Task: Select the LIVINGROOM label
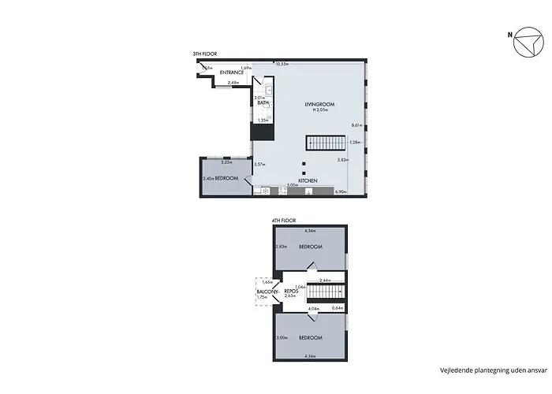pyautogui.click(x=321, y=103)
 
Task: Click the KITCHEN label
pyautogui.click(x=308, y=181)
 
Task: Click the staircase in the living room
pyautogui.click(x=326, y=143)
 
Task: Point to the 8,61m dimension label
pyautogui.click(x=356, y=125)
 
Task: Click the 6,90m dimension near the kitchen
pyautogui.click(x=341, y=191)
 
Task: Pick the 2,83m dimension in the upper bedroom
pyautogui.click(x=281, y=247)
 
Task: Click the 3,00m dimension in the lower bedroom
pyautogui.click(x=281, y=338)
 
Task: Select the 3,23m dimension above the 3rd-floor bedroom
pyautogui.click(x=226, y=162)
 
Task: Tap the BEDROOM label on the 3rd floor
pyautogui.click(x=227, y=179)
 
